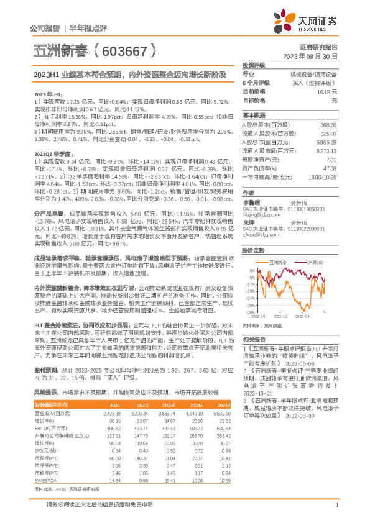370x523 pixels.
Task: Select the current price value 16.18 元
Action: pos(326,91)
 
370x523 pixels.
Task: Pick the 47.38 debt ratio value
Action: pos(330,168)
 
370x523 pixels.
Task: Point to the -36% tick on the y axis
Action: pos(248,312)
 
